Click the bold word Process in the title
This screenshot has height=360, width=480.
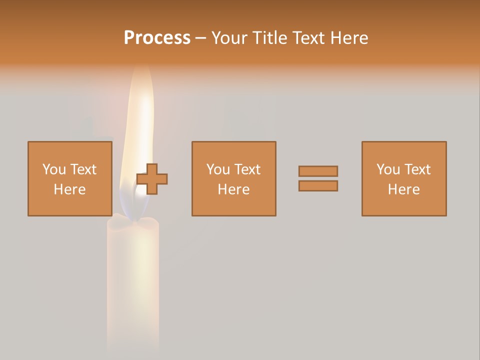tap(157, 38)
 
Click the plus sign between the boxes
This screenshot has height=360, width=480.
tap(152, 179)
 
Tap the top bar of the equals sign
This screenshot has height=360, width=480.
tap(318, 171)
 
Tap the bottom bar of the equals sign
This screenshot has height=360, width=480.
tap(318, 185)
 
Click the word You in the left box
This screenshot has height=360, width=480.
tap(53, 169)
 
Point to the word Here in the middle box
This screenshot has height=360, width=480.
tap(233, 189)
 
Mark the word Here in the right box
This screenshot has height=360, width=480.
tap(404, 189)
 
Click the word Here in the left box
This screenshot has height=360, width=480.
tap(70, 189)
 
